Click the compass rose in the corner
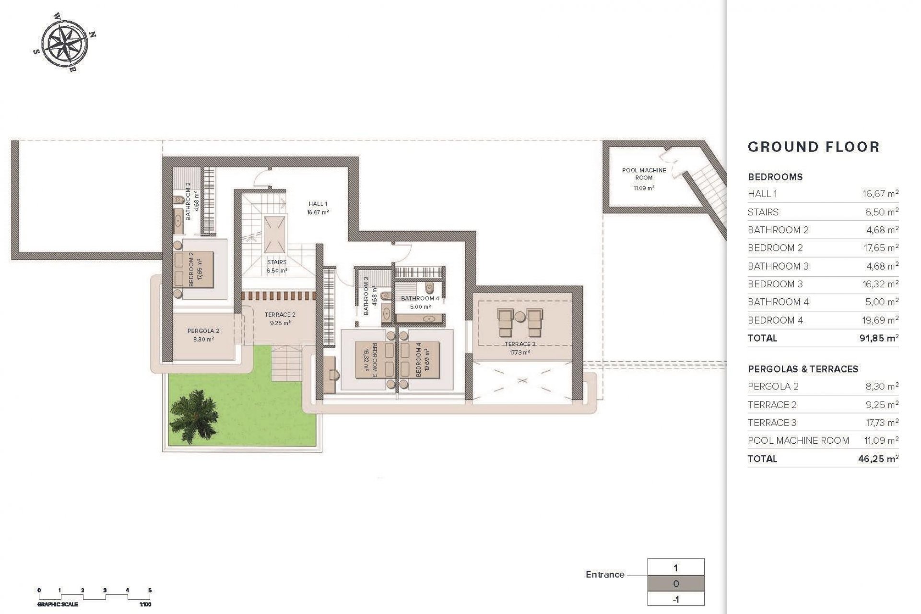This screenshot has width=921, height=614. [65, 43]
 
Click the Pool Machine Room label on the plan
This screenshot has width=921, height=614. [644, 174]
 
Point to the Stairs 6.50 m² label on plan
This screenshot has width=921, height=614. [277, 266]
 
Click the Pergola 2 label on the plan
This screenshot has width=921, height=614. [203, 334]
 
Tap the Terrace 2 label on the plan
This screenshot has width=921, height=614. [280, 319]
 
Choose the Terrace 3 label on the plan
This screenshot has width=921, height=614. [520, 348]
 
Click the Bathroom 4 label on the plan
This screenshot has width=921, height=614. [420, 302]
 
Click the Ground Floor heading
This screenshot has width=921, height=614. [814, 147]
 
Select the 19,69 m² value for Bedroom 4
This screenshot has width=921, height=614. [879, 320]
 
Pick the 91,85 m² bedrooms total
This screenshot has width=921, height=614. [878, 338]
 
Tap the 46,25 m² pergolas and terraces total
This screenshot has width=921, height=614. [878, 459]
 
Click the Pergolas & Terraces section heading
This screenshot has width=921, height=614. [803, 369]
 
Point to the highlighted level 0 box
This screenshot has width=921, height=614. [676, 584]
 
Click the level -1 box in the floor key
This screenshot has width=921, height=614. [676, 599]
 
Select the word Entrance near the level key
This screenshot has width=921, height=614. [605, 574]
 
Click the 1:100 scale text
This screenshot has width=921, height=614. [145, 604]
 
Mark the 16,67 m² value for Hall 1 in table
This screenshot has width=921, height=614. [880, 194]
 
